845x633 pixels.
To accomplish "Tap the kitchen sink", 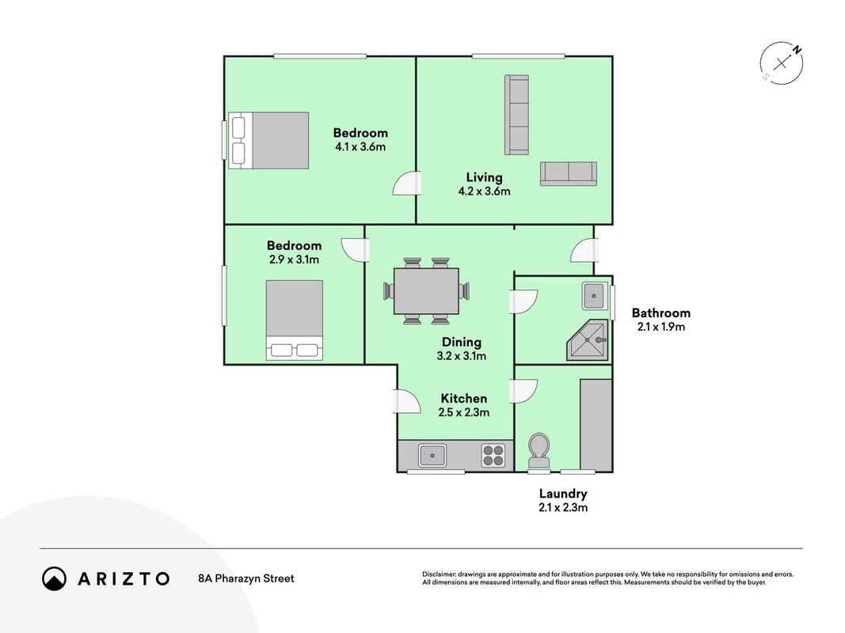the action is (432, 456).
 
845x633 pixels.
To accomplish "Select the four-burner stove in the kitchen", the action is (493, 456).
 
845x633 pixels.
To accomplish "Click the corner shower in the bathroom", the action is (588, 340).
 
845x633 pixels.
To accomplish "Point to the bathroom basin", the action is (595, 295).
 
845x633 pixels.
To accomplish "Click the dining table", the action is (426, 290).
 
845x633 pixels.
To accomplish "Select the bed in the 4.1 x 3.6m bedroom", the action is (268, 141).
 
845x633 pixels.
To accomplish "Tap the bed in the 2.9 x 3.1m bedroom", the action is (295, 320).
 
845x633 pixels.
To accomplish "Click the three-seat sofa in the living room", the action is (516, 116).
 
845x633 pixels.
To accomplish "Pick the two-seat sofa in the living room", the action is (569, 174).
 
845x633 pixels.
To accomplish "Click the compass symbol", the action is (782, 63).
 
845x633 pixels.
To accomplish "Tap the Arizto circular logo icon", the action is (54, 578).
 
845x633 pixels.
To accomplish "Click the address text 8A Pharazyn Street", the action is (246, 578).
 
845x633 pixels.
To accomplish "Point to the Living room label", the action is (484, 177).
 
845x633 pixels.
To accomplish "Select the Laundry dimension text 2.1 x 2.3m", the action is (563, 507).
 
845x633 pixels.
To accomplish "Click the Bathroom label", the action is (660, 313).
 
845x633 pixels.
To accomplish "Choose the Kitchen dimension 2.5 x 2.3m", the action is (464, 412).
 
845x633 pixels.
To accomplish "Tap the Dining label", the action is (461, 342).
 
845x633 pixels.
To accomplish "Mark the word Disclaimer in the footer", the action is (440, 574).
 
